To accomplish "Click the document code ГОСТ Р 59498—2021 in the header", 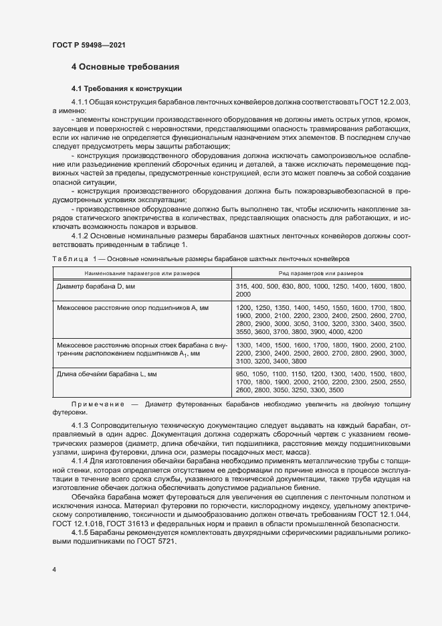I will point(88,45).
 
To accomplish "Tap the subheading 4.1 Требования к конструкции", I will point(126,88).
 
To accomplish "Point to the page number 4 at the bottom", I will point(53,569).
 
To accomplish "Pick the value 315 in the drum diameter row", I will point(242,287).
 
